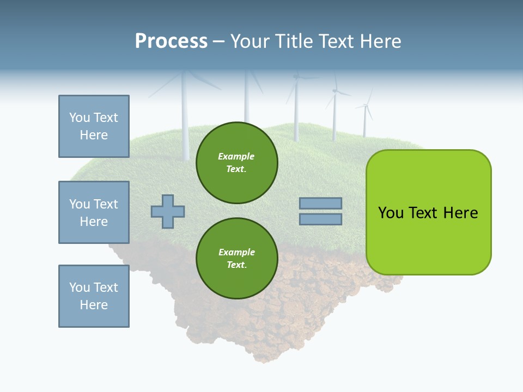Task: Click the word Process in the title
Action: pyautogui.click(x=171, y=41)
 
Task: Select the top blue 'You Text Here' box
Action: pyautogui.click(x=94, y=126)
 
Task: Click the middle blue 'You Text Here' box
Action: pyautogui.click(x=94, y=212)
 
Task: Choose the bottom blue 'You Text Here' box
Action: pyautogui.click(x=94, y=296)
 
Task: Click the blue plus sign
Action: pyautogui.click(x=168, y=211)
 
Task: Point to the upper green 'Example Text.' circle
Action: pyautogui.click(x=236, y=163)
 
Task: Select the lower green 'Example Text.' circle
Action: pyautogui.click(x=236, y=259)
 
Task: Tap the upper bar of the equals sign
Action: pyautogui.click(x=320, y=203)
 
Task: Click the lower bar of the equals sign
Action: pyautogui.click(x=320, y=219)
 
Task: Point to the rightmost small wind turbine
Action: pyautogui.click(x=365, y=117)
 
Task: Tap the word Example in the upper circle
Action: pyautogui.click(x=236, y=156)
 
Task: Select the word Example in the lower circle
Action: pyautogui.click(x=236, y=252)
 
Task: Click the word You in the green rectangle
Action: pyautogui.click(x=391, y=213)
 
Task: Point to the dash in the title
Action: pyautogui.click(x=218, y=42)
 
